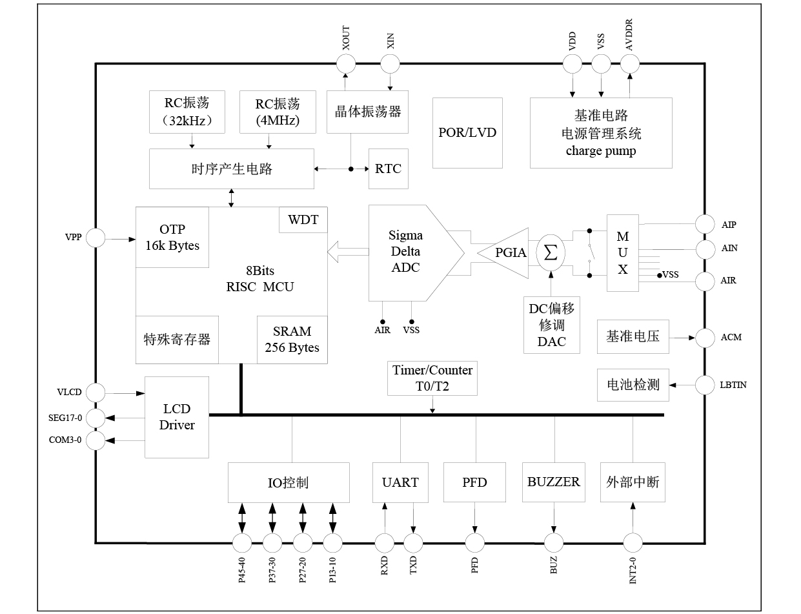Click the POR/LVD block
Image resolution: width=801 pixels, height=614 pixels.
point(467,132)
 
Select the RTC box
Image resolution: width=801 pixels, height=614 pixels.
point(388,169)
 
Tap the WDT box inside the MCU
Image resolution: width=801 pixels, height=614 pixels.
point(303,220)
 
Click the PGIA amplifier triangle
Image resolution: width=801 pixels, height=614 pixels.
point(507,253)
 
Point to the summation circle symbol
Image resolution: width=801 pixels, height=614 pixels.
point(551,253)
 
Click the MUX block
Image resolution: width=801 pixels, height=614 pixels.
point(622,252)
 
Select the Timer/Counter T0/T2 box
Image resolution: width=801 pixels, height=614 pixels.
point(432,378)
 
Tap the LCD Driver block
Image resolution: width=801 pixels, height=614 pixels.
point(176,417)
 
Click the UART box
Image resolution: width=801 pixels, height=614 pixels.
point(400,482)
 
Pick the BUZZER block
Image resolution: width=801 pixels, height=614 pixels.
point(553,482)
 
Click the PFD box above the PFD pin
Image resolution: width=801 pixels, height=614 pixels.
point(474,482)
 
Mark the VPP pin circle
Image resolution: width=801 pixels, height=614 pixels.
point(96,238)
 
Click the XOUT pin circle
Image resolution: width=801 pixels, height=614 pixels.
point(346,63)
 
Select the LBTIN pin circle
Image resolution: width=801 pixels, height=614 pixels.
point(705,385)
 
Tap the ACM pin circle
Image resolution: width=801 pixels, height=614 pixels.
point(705,337)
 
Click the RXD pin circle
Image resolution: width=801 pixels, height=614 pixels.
point(385,543)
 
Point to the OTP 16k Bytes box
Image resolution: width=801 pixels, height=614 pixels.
point(172,238)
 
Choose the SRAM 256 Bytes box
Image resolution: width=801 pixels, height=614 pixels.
point(292,339)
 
